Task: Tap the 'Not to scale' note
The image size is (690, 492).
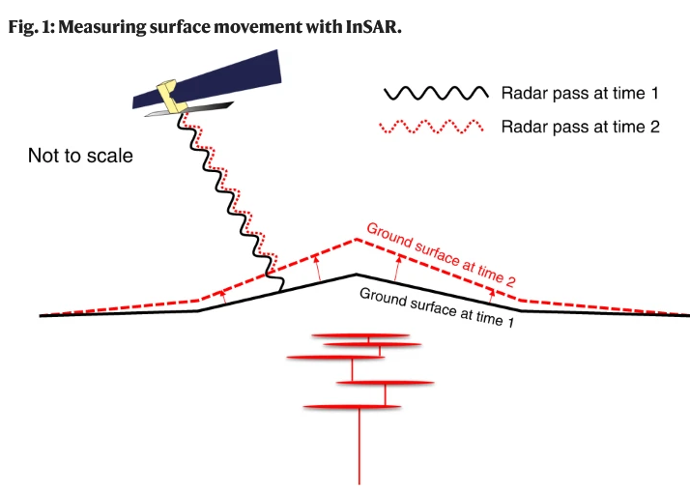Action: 80,155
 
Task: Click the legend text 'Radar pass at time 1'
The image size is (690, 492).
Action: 580,94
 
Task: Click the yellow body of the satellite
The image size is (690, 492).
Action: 173,95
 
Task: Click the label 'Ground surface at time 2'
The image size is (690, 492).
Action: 440,253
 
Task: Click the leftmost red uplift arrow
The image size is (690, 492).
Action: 224,297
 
